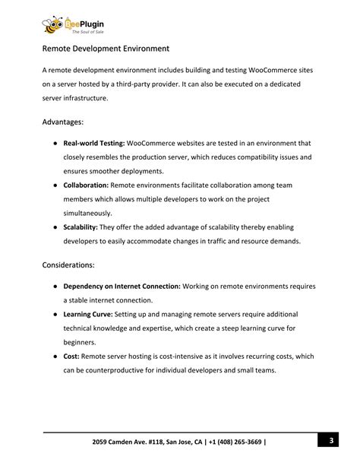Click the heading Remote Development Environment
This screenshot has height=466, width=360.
pyautogui.click(x=106, y=49)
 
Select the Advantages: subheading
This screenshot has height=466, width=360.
pyautogui.click(x=63, y=121)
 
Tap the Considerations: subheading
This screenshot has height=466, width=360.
pyautogui.click(x=68, y=265)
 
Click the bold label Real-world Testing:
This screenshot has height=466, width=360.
pyautogui.click(x=94, y=143)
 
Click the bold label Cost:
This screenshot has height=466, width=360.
pyautogui.click(x=71, y=356)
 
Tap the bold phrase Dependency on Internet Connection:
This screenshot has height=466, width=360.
pyautogui.click(x=122, y=287)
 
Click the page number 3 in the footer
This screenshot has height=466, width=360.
pyautogui.click(x=332, y=441)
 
